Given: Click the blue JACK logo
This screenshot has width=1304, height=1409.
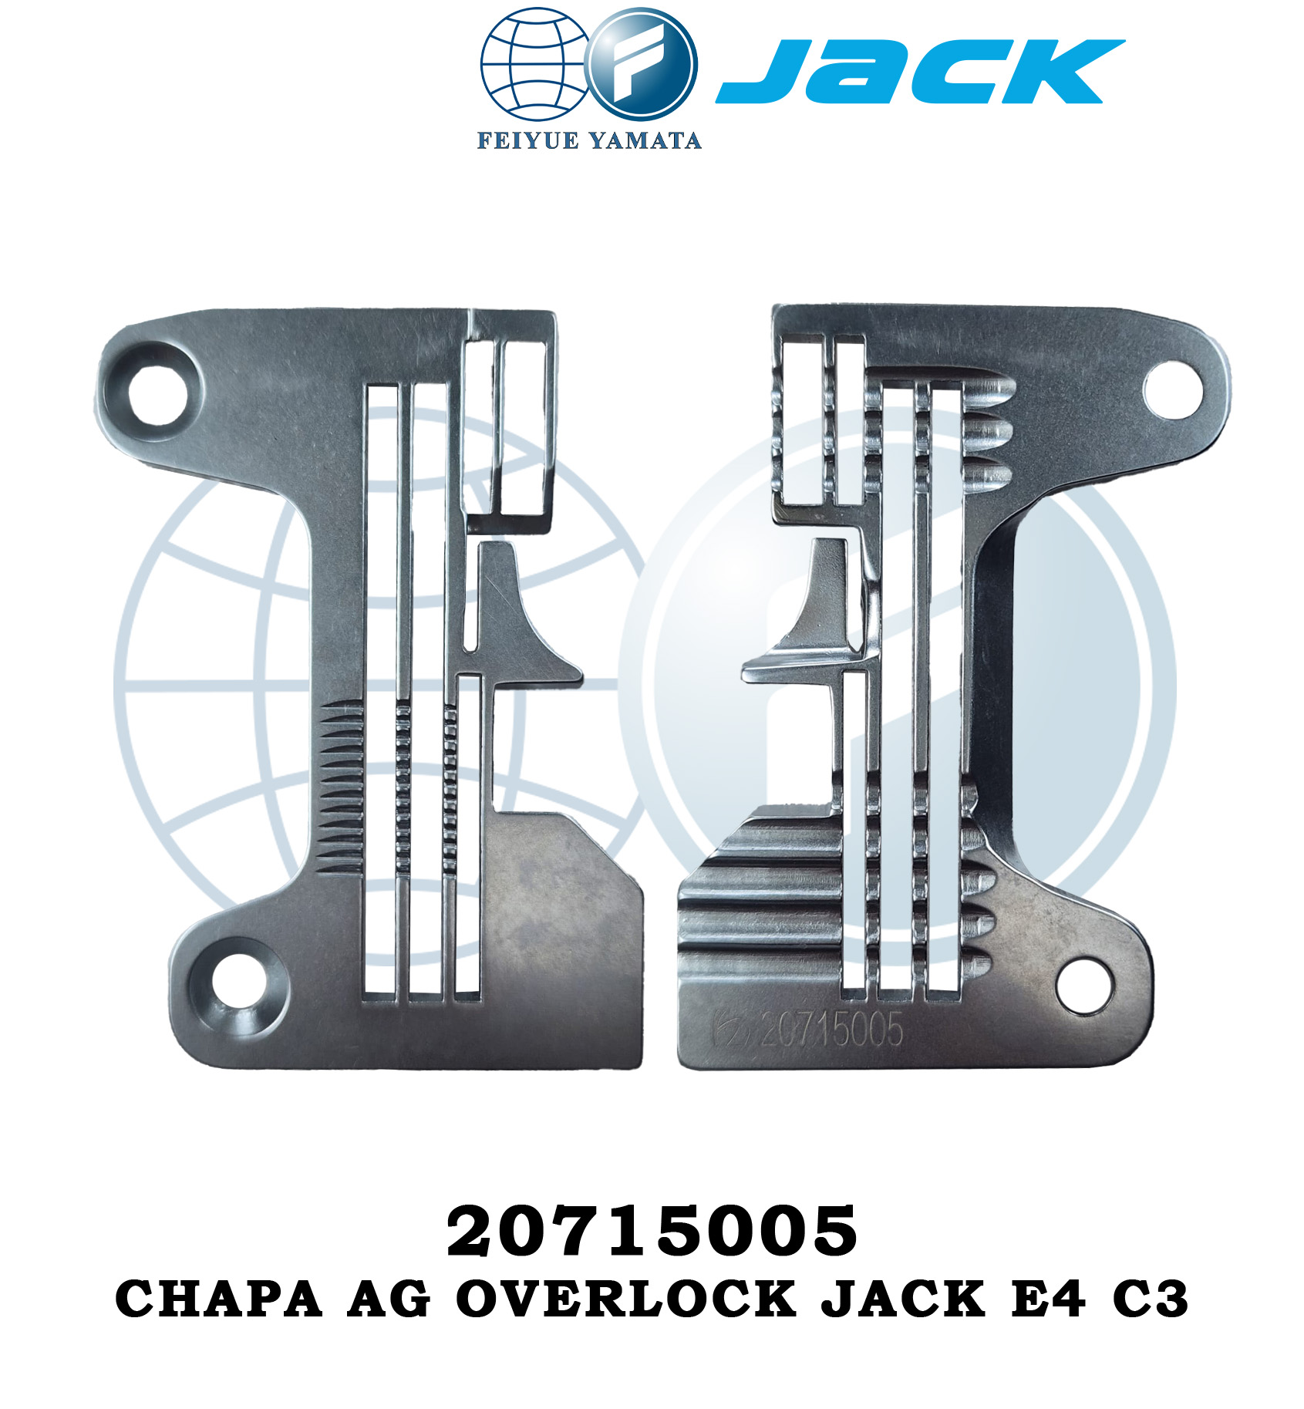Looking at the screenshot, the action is tap(919, 71).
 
